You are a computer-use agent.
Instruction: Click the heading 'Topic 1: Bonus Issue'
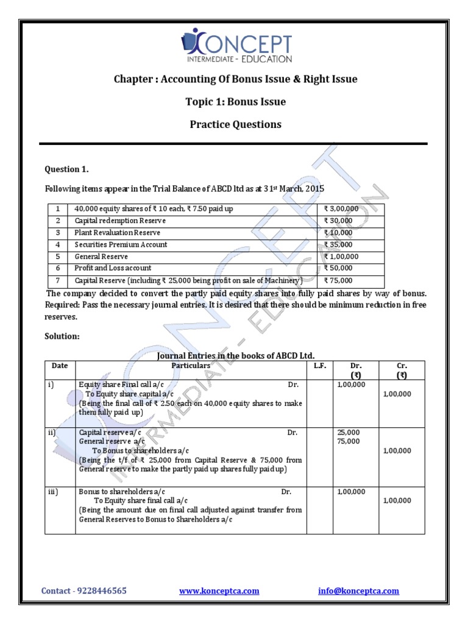pos(235,102)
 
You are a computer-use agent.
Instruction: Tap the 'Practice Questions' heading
pos(235,124)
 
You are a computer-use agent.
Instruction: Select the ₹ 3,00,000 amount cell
pos(341,209)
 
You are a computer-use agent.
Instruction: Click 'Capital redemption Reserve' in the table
pos(120,221)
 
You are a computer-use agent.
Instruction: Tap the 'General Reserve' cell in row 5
pos(101,257)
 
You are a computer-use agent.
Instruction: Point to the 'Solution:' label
pos(62,336)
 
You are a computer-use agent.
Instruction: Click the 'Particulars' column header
pos(191,366)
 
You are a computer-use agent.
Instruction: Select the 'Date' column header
pos(60,366)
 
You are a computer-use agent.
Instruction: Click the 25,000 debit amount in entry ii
pos(349,432)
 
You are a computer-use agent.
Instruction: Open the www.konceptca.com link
pos(219,590)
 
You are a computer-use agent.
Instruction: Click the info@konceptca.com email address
pos(358,590)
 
